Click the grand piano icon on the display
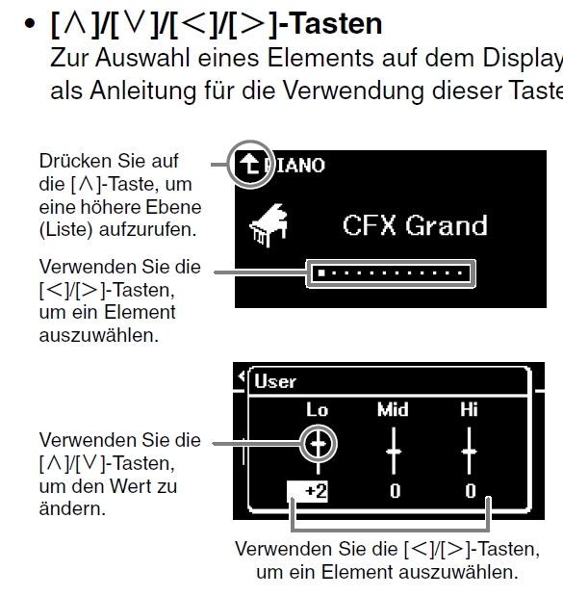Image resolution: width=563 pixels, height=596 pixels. click(269, 225)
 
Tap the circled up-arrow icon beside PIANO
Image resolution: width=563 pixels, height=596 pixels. click(249, 165)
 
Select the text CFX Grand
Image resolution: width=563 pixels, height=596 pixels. click(415, 225)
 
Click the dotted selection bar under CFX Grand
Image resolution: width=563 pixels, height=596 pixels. click(391, 272)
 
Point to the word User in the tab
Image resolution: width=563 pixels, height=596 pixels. click(275, 381)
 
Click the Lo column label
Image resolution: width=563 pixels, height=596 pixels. click(318, 409)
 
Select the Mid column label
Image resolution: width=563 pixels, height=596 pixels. click(393, 409)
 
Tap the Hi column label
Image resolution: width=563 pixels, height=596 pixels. click(469, 409)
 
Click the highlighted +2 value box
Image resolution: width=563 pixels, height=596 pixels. click(307, 491)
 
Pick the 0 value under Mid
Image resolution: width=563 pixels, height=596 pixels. click(396, 491)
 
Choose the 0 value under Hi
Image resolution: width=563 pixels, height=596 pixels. click(471, 491)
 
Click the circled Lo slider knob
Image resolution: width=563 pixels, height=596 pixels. click(318, 444)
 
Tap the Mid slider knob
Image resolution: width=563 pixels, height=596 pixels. click(394, 452)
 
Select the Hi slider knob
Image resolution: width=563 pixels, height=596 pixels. click(470, 452)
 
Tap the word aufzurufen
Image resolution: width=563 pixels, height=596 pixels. click(147, 229)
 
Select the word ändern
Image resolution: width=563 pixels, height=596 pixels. click(72, 508)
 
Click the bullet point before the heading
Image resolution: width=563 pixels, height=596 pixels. click(29, 23)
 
